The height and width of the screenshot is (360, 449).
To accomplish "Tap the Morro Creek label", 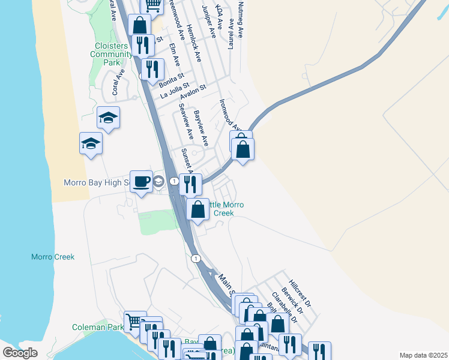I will pyautogui.click(x=53, y=257).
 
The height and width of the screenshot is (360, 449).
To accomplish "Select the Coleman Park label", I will pyautogui.click(x=97, y=327).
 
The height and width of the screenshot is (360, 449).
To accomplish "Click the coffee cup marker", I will pyautogui.click(x=141, y=181).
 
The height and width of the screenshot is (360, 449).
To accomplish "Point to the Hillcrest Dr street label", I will pyautogui.click(x=299, y=292).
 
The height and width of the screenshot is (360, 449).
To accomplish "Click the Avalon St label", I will pyautogui.click(x=193, y=89).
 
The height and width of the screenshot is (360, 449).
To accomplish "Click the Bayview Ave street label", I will pyautogui.click(x=200, y=128).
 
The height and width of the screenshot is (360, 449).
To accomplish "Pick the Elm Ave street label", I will pyautogui.click(x=175, y=54).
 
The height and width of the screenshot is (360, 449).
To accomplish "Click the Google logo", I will pyautogui.click(x=20, y=353).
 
